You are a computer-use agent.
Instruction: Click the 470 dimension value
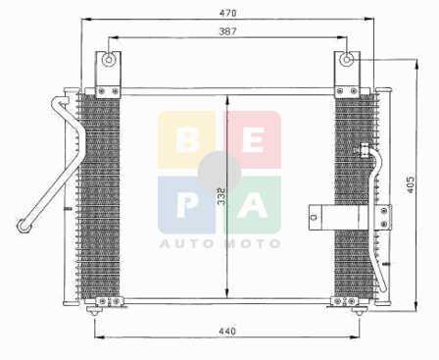[227, 14]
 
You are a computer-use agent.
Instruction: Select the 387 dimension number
[227, 31]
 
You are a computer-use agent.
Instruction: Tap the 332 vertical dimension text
[221, 196]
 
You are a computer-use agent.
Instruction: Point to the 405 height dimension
[411, 184]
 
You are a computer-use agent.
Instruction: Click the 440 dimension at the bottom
[227, 332]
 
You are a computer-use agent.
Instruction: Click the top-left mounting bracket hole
[108, 60]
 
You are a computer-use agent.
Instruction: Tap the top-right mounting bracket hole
[347, 60]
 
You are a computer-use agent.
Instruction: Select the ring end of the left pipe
[24, 226]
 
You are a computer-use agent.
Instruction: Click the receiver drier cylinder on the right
[341, 217]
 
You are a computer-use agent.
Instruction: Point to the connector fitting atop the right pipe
[365, 150]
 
